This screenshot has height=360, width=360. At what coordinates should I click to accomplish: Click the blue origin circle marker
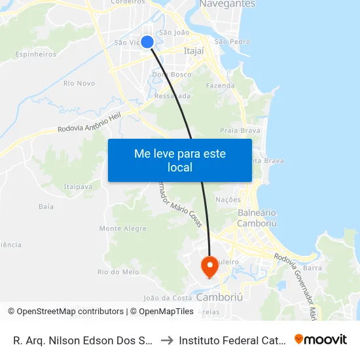(x=147, y=42)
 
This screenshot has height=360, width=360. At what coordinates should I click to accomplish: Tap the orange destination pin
(x=209, y=266)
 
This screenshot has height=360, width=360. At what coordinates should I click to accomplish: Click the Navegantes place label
(x=226, y=4)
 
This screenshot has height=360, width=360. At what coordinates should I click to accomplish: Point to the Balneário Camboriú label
(x=257, y=219)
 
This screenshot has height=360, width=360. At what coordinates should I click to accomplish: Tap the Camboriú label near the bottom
(x=219, y=297)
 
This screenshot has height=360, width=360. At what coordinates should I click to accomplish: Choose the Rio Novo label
(x=79, y=83)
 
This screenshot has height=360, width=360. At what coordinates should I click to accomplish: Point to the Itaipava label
(x=78, y=187)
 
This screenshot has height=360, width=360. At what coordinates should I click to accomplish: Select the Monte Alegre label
(x=122, y=228)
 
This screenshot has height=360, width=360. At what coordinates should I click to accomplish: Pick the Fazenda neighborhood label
(x=220, y=86)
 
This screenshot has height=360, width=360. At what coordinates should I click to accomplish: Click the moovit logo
(x=321, y=339)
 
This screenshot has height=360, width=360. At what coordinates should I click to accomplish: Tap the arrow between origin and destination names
(x=166, y=340)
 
